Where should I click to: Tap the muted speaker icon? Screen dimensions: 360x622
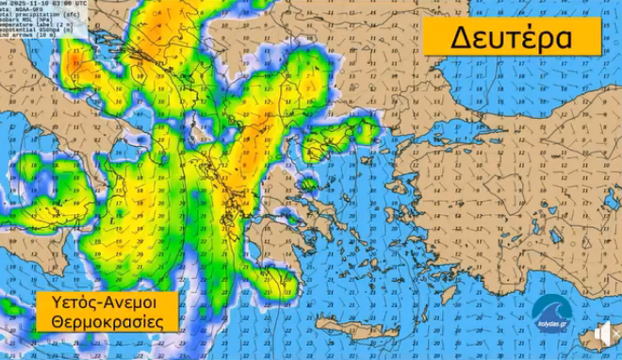604,334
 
